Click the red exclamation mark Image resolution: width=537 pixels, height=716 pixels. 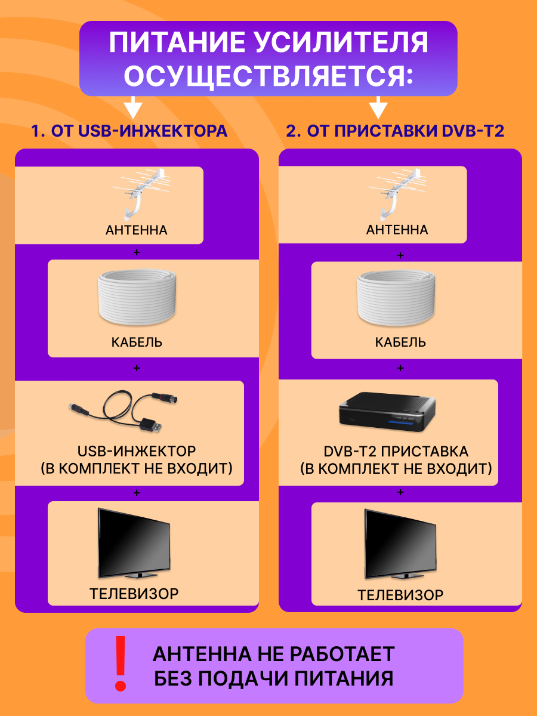(121, 662)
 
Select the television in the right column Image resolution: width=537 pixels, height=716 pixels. (400, 544)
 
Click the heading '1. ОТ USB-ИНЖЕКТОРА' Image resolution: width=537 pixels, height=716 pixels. (129, 131)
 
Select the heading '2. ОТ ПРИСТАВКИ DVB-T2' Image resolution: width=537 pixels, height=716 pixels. (395, 131)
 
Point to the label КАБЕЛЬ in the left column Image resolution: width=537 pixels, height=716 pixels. (137, 342)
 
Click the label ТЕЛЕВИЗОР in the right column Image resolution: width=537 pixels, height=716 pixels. (400, 595)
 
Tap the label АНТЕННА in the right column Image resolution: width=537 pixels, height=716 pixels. (397, 230)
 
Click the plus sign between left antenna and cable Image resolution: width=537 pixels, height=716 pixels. (137, 252)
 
